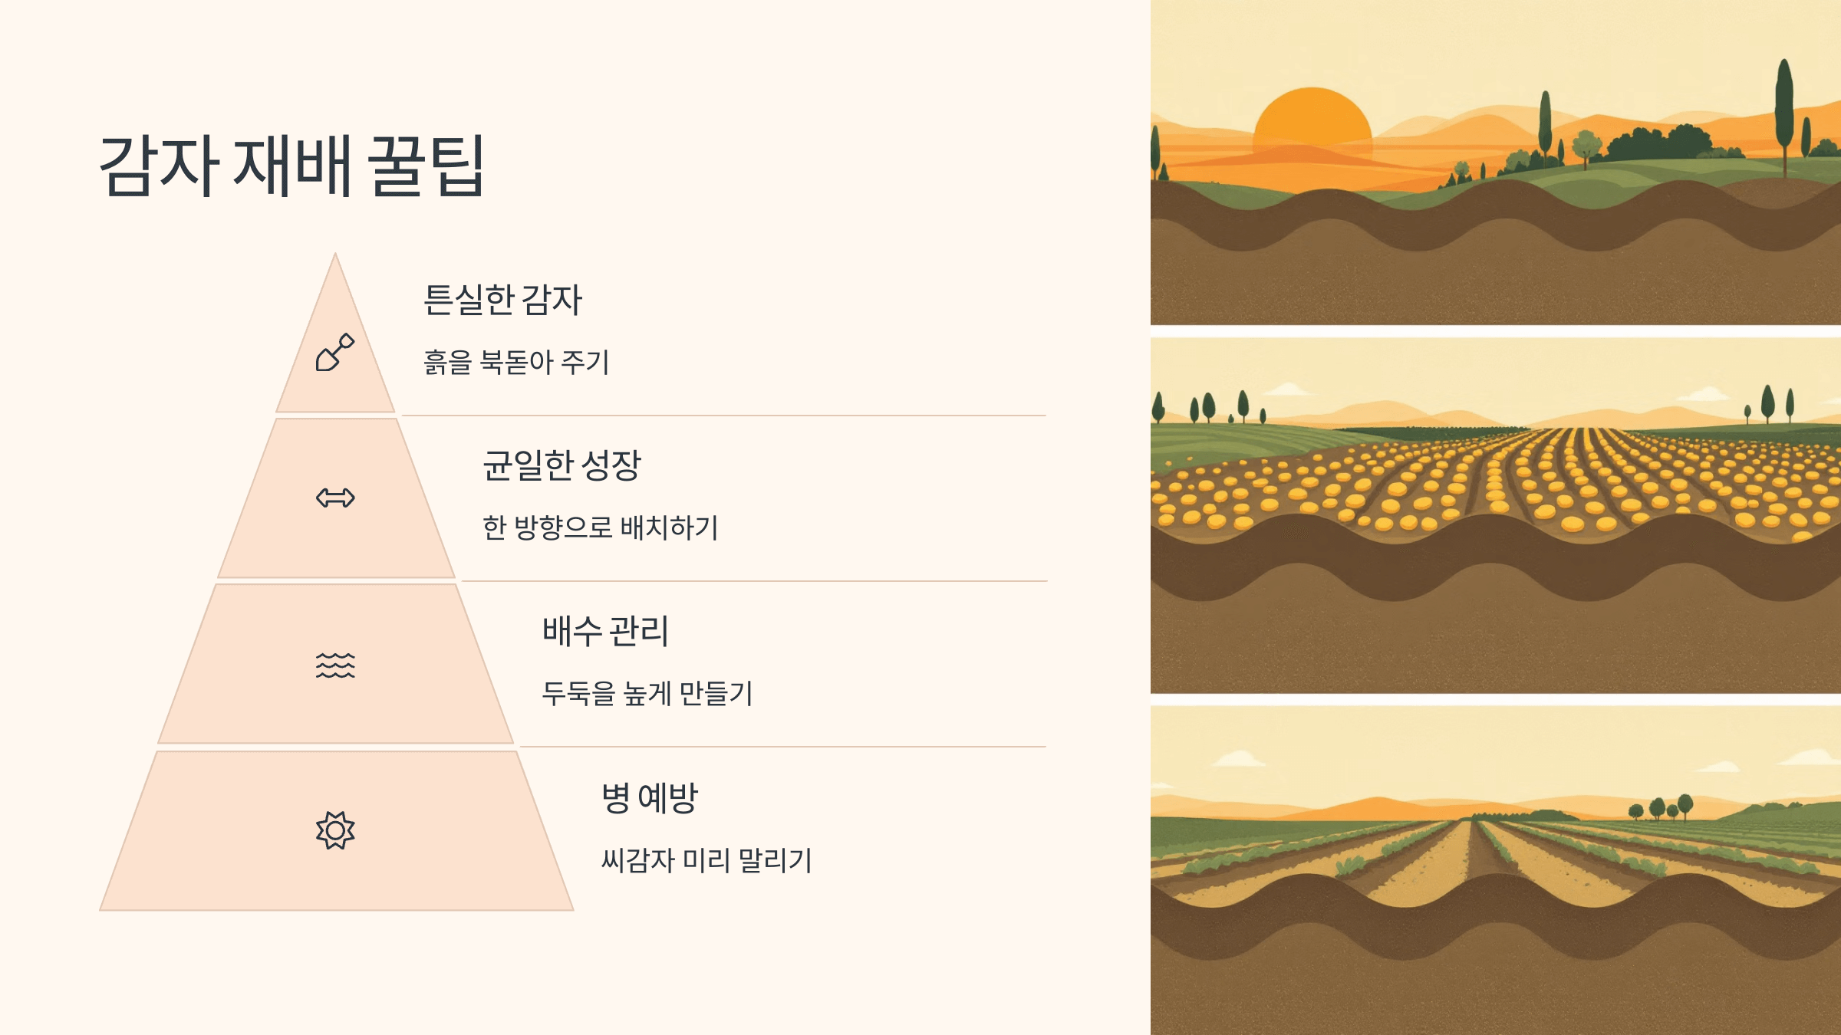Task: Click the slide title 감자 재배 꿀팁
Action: [x=291, y=166]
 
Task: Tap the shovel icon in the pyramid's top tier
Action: [x=335, y=353]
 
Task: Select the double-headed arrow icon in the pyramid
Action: [x=335, y=498]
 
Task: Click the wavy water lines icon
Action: [x=335, y=665]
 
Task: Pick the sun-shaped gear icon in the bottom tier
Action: [x=335, y=830]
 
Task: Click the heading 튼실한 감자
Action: [x=502, y=300]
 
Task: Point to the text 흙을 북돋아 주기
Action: [x=516, y=363]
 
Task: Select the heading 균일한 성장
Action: [x=562, y=465]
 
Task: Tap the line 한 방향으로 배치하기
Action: [x=600, y=528]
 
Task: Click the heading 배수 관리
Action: [x=605, y=631]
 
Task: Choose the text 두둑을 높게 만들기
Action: [x=647, y=694]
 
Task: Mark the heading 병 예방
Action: [x=649, y=798]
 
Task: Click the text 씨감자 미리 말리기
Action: [x=706, y=860]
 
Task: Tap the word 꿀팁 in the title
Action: [x=426, y=166]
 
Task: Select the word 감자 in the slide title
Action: [x=159, y=166]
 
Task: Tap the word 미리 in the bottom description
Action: [x=706, y=860]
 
